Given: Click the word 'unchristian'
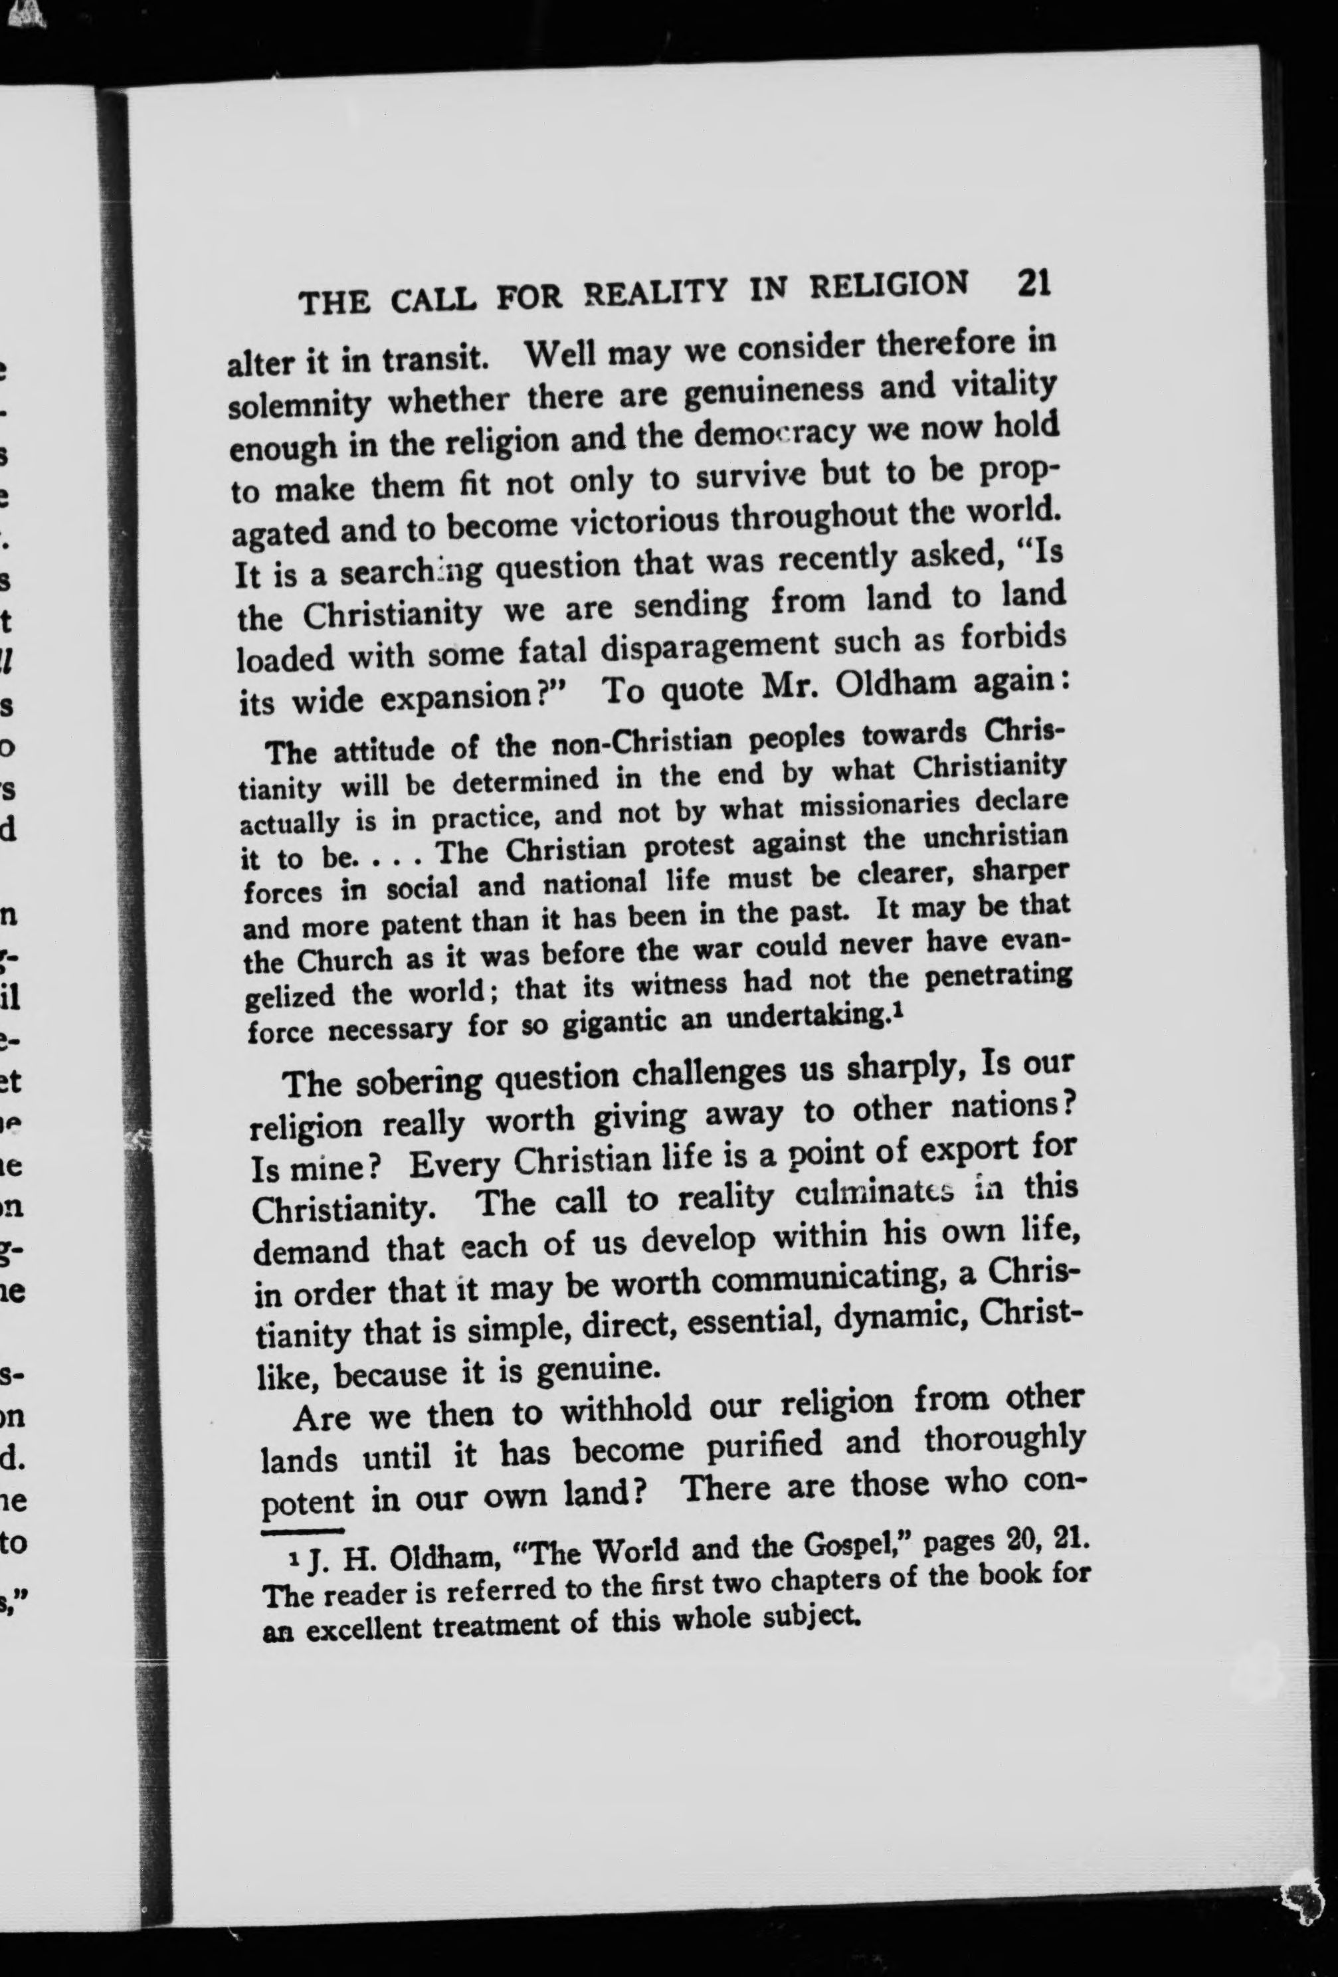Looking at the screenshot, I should [995, 838].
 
